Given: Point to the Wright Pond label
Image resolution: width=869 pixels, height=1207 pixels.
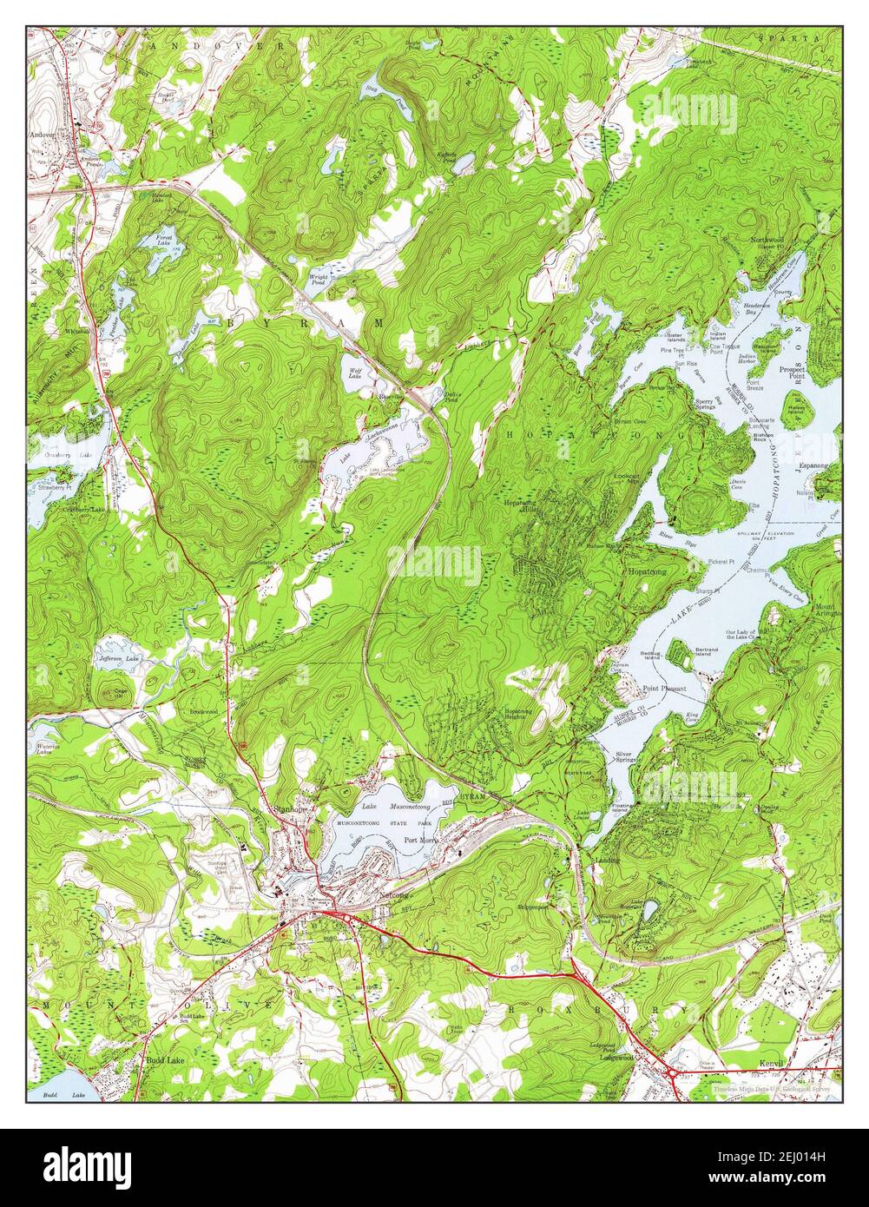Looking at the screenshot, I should click(319, 280).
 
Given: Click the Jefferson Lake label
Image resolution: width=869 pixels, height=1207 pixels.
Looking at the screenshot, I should click(119, 660).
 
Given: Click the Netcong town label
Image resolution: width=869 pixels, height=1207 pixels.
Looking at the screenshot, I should click(394, 894).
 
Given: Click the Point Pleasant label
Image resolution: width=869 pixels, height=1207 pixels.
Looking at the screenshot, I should click(664, 689).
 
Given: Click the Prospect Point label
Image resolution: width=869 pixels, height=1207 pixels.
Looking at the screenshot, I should click(791, 373).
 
